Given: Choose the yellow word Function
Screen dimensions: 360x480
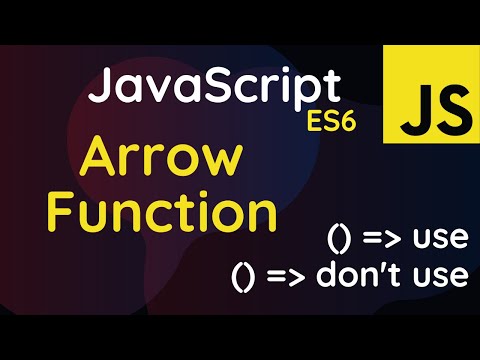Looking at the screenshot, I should point(163,212).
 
